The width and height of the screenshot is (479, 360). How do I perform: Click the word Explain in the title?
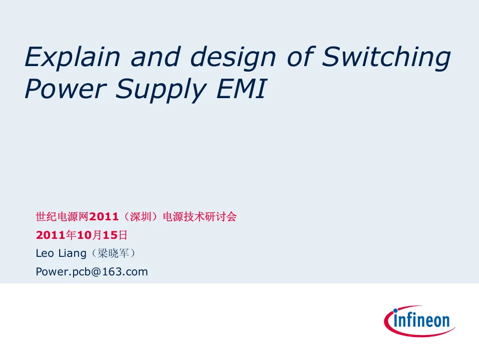pyautogui.click(x=72, y=58)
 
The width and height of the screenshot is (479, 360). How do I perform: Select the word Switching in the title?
pyautogui.click(x=386, y=58)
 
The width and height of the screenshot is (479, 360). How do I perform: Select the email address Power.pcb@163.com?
pyautogui.click(x=92, y=272)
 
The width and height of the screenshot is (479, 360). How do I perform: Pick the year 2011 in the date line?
pyautogui.click(x=51, y=235)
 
